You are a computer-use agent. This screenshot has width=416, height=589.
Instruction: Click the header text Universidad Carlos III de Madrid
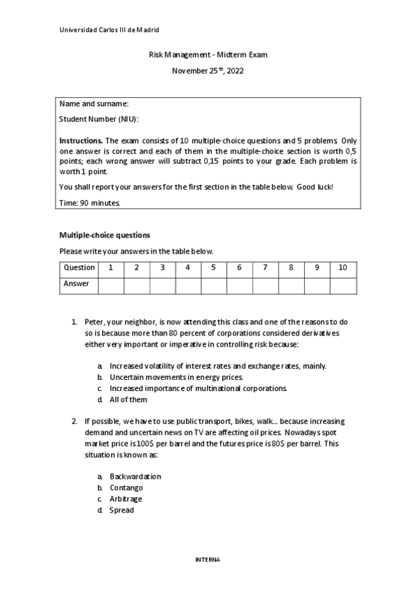(x=109, y=30)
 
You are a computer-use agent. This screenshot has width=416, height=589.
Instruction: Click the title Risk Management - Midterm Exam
(x=208, y=55)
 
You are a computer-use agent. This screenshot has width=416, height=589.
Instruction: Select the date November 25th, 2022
(x=208, y=71)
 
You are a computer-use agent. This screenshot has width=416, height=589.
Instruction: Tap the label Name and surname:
(x=94, y=104)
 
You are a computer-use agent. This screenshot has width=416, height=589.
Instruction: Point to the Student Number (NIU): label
(x=99, y=119)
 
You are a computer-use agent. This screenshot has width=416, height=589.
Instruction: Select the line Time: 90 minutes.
(x=90, y=203)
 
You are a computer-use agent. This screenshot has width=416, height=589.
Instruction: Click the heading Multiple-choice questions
(x=104, y=235)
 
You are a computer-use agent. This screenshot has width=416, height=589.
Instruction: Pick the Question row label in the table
(x=78, y=267)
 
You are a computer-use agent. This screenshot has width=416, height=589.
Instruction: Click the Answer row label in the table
(x=76, y=283)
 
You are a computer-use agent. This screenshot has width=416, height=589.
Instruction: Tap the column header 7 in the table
(x=265, y=267)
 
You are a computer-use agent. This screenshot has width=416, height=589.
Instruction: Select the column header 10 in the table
(x=342, y=267)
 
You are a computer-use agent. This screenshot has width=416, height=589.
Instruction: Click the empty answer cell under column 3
(x=162, y=285)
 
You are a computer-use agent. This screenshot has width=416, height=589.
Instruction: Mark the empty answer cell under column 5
(x=213, y=285)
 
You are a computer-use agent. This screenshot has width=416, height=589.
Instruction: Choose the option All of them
(x=128, y=399)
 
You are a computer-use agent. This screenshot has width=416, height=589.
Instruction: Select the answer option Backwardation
(x=135, y=476)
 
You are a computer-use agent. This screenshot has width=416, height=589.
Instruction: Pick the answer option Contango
(x=126, y=488)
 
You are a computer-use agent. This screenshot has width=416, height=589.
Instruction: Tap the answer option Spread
(x=122, y=510)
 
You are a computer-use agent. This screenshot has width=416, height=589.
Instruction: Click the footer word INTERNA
(x=207, y=558)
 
